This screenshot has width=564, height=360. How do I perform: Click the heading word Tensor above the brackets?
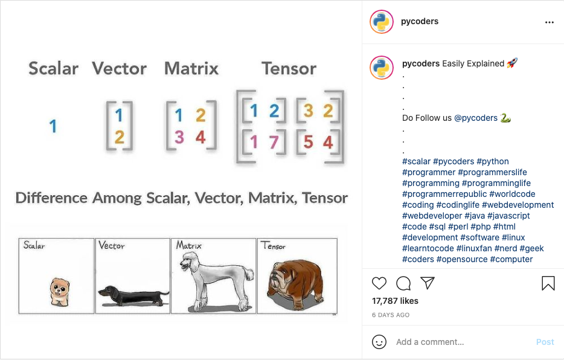click(289, 68)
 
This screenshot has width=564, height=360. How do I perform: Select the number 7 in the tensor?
click(274, 142)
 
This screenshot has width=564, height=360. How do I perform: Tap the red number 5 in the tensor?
click(308, 142)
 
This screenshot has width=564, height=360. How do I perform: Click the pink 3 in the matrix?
click(179, 137)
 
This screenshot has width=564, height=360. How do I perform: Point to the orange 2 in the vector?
click(120, 137)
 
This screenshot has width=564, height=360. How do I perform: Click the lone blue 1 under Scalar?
click(53, 126)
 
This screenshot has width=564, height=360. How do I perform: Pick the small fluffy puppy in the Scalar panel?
click(59, 292)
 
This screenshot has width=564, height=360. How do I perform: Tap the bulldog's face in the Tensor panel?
click(278, 278)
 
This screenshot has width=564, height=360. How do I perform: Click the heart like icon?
click(379, 283)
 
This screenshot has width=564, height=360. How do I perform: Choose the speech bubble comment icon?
click(403, 283)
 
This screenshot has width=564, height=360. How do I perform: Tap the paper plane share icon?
click(428, 283)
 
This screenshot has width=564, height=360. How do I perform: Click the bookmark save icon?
click(548, 283)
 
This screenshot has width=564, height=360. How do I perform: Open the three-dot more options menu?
click(550, 22)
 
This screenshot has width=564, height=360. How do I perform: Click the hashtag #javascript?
click(508, 216)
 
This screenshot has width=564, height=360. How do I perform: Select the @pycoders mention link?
click(476, 118)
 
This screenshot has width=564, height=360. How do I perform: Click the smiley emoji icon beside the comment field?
click(379, 342)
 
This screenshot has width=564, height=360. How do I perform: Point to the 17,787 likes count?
click(395, 301)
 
